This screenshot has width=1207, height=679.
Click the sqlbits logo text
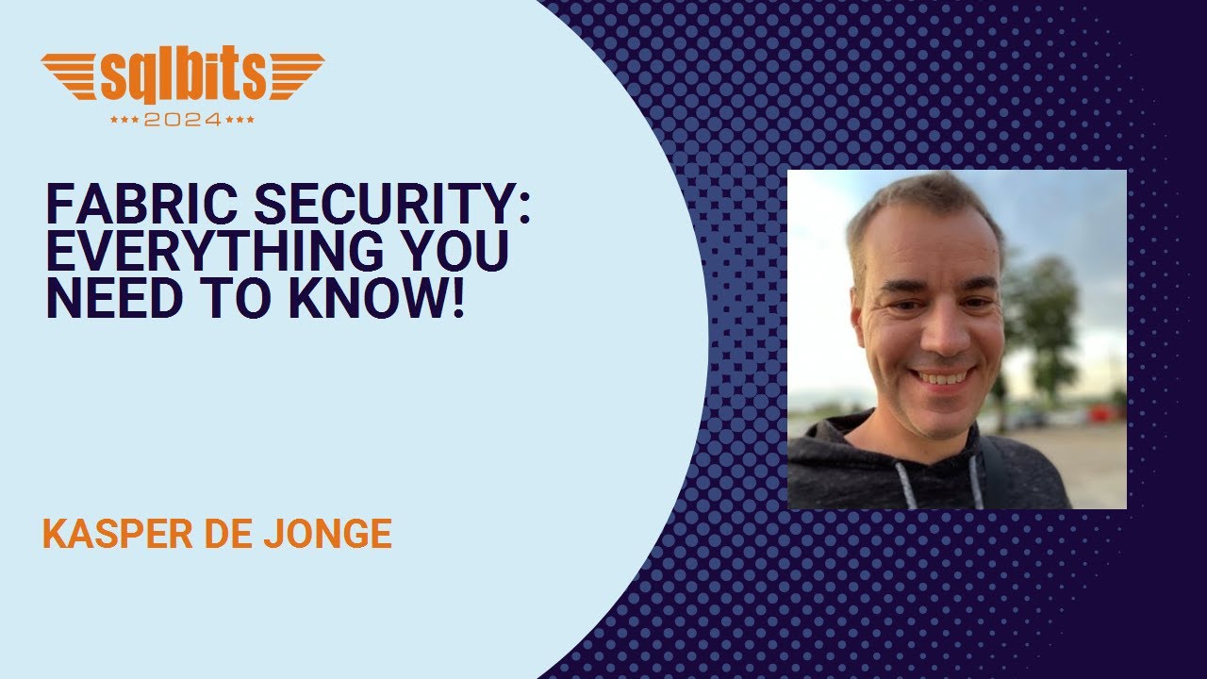click(x=184, y=77)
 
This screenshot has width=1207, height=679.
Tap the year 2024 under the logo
click(x=183, y=120)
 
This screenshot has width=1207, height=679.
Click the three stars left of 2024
click(x=124, y=121)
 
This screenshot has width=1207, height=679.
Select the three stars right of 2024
click(x=241, y=121)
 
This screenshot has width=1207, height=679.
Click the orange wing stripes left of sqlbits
click(x=71, y=75)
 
